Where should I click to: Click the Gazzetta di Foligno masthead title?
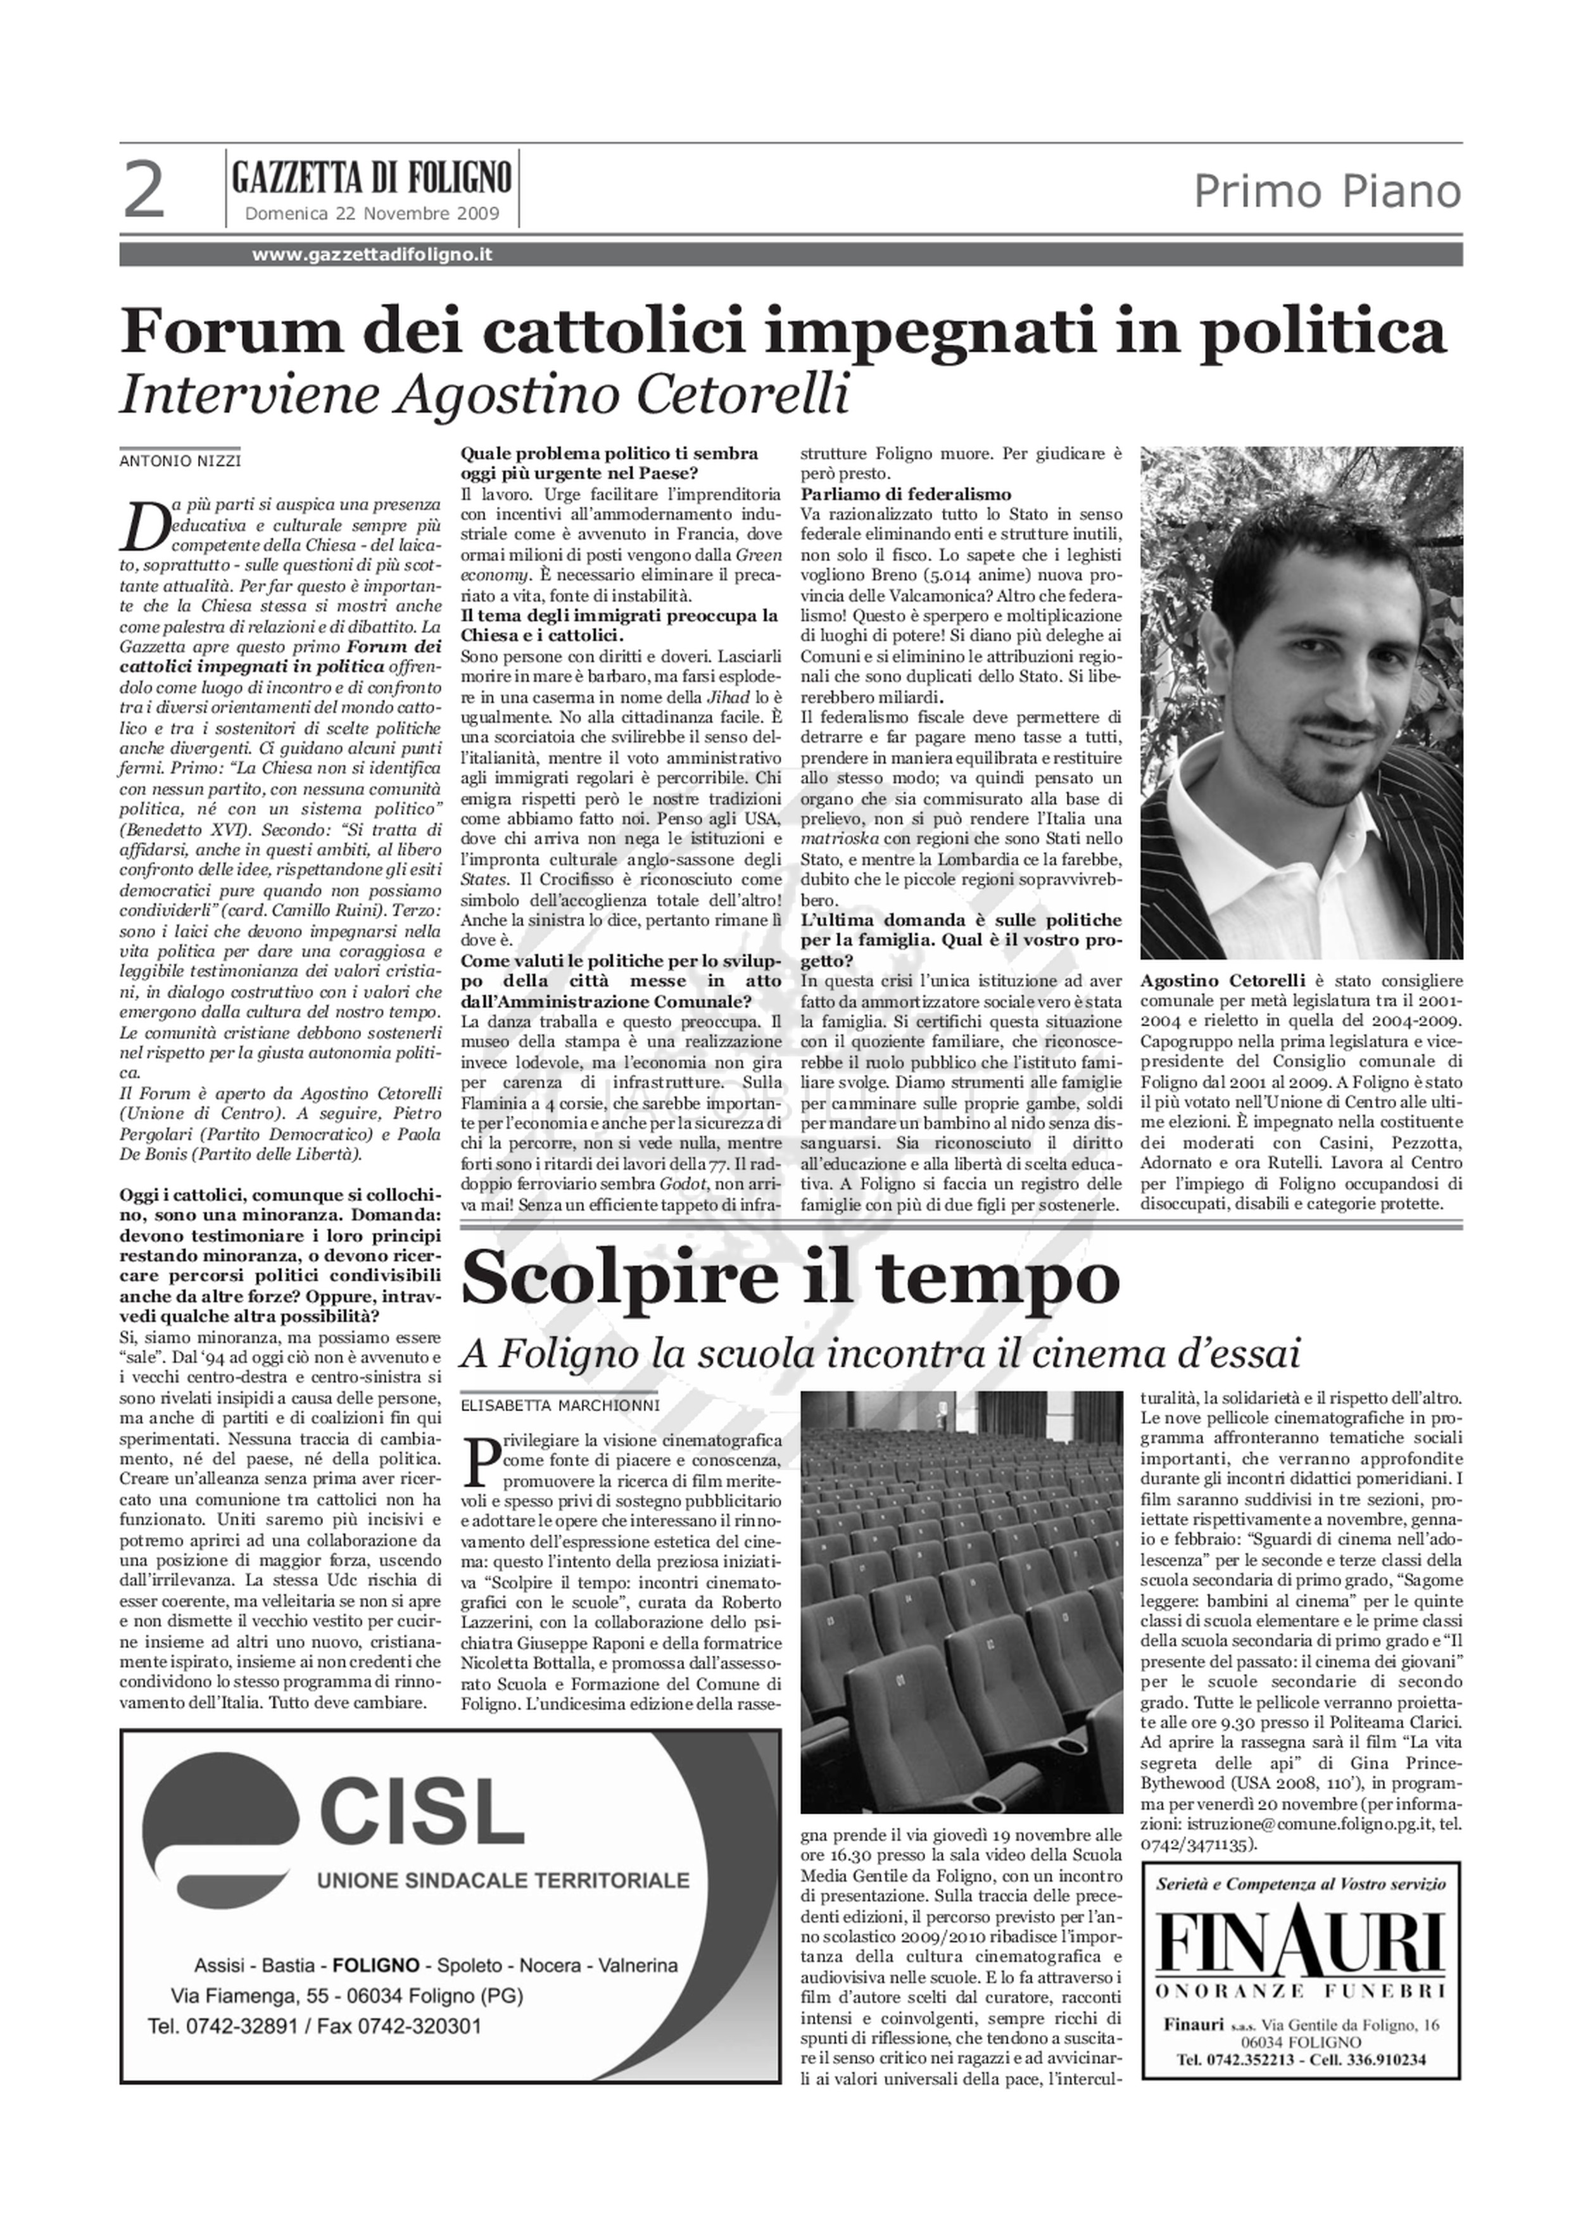(x=372, y=179)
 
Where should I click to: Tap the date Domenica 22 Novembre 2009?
(x=372, y=213)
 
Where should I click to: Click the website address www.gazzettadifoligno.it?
(x=372, y=255)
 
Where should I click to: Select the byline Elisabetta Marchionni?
(x=560, y=1405)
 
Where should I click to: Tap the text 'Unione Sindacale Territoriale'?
(x=503, y=1907)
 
